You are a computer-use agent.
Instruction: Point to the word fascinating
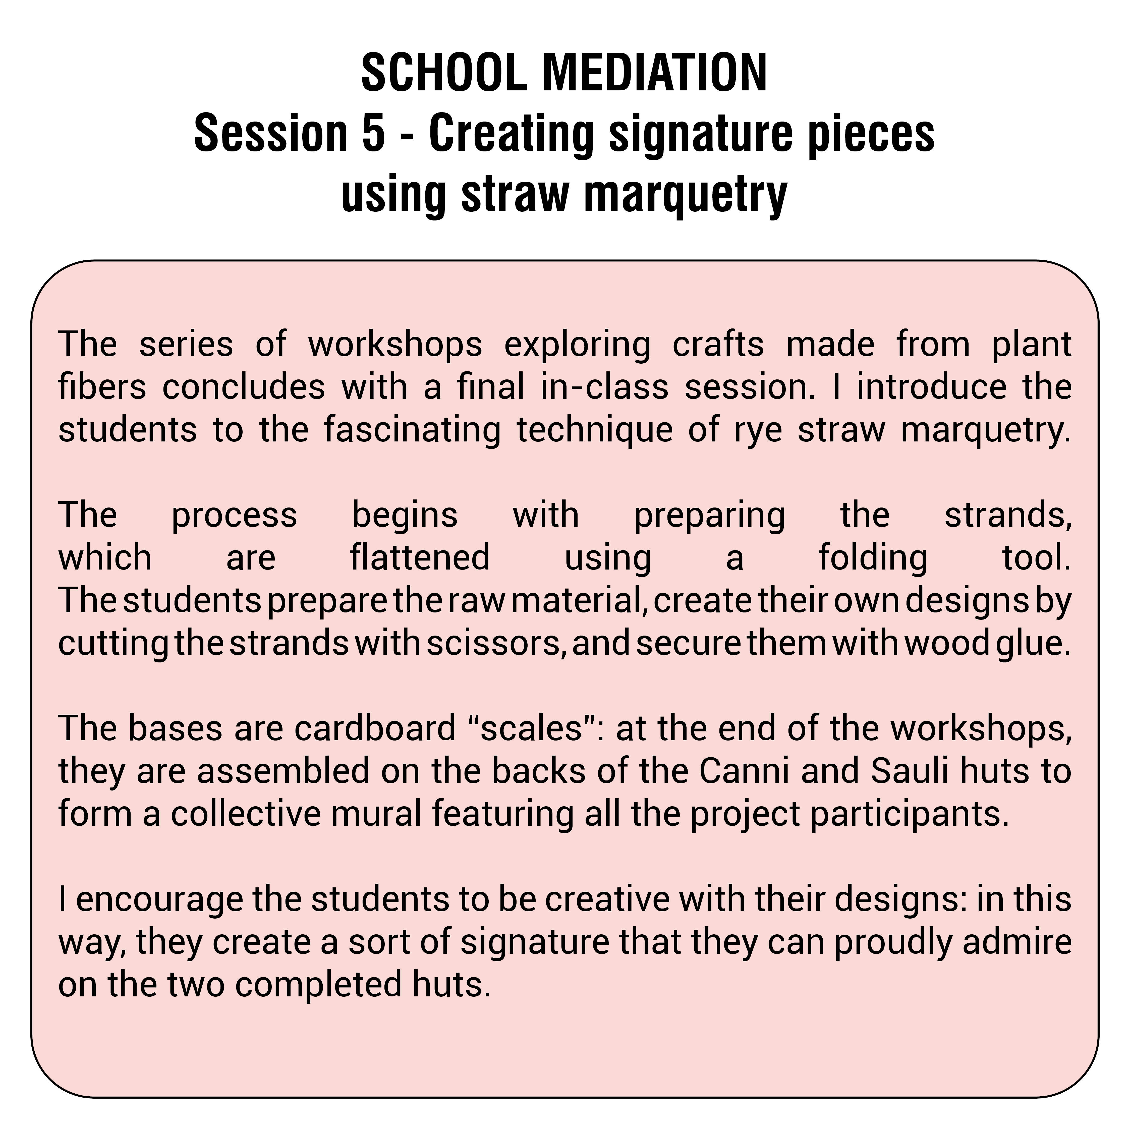412,430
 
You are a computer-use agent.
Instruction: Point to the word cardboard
374,729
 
